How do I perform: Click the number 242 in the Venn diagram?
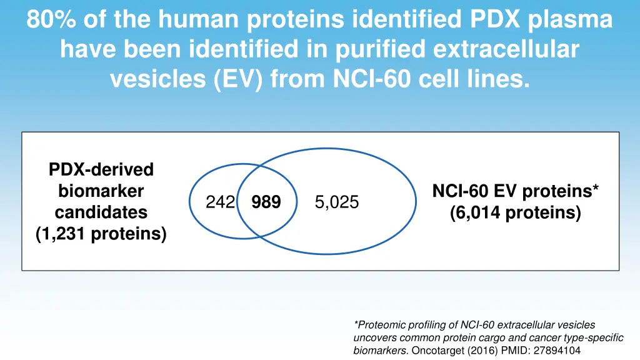click(221, 202)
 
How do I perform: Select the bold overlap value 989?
click(266, 202)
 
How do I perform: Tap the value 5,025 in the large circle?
click(337, 202)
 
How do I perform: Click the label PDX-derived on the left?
click(101, 169)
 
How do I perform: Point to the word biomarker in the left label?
click(101, 191)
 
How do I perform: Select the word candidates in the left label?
click(101, 212)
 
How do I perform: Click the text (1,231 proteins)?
click(101, 234)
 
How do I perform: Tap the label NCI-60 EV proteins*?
click(515, 191)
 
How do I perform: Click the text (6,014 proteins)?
click(515, 213)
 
